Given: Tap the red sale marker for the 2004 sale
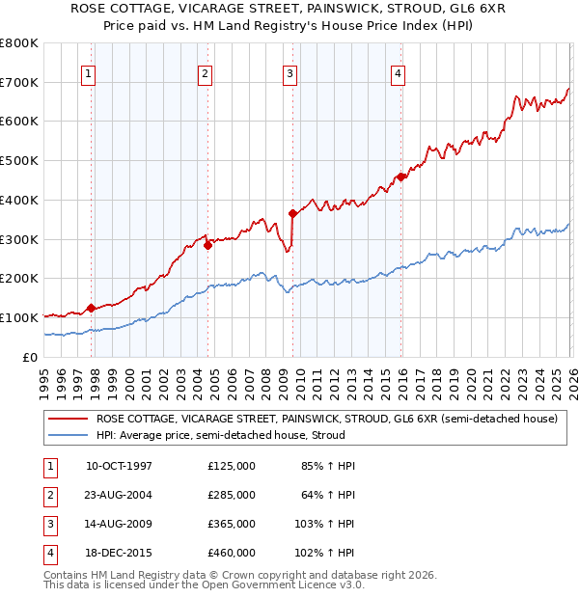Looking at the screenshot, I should [207, 245].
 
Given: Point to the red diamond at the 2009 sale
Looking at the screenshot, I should [292, 213].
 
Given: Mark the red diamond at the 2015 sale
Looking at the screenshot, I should [401, 176].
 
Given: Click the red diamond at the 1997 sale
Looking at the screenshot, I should [91, 308].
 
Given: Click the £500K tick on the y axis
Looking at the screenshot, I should [19, 161].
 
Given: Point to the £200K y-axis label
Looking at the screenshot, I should [19, 279].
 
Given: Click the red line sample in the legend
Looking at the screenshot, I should [69, 420].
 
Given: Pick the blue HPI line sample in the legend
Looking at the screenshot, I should [69, 435].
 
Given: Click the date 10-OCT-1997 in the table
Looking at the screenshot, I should [119, 466].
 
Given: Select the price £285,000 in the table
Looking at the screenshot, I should [232, 495].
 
